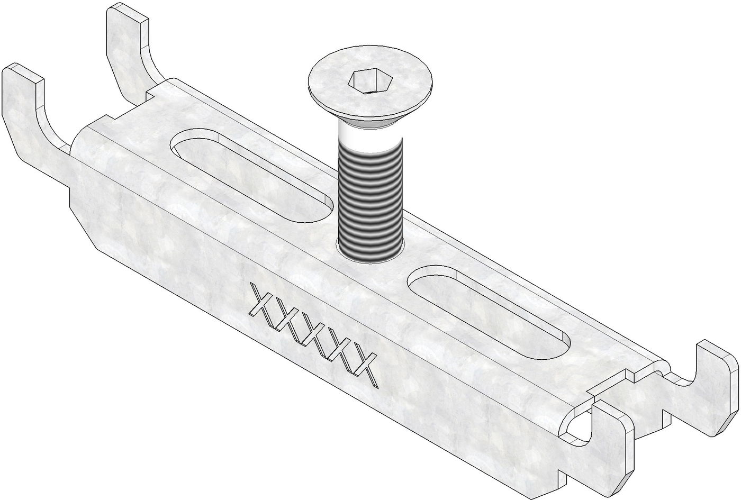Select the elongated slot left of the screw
coord(251,175)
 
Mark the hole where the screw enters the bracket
coord(370,252)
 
